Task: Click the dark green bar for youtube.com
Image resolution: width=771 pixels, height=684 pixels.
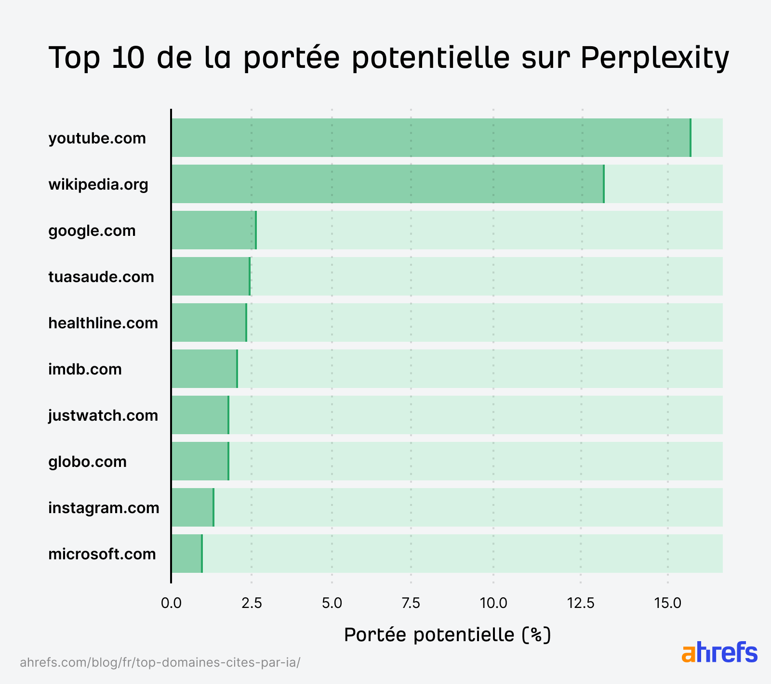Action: pos(431,138)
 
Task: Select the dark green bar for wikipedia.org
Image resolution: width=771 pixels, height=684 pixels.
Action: pos(387,184)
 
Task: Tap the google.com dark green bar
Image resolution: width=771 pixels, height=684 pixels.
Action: pos(213,230)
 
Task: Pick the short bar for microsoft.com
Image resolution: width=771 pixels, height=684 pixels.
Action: pos(186,554)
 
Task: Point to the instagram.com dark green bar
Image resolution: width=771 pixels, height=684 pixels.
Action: pos(192,507)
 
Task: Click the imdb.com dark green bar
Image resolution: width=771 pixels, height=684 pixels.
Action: pos(204,369)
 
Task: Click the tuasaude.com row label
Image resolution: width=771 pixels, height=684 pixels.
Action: pos(101,277)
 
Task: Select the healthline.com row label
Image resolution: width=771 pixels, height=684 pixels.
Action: pos(103,323)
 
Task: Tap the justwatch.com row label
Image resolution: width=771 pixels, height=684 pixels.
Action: pos(103,415)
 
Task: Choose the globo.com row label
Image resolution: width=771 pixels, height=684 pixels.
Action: pos(87,462)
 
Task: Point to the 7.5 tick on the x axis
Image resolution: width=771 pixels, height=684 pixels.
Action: pos(411,603)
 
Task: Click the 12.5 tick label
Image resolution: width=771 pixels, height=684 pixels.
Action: pos(581,603)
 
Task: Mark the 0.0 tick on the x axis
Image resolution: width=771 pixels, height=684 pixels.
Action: pos(171,603)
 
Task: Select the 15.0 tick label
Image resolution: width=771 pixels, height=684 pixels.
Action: pos(667,603)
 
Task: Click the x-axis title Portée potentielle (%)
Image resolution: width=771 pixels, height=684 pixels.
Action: pos(447,635)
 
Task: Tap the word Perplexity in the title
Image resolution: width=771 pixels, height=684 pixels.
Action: pos(654,58)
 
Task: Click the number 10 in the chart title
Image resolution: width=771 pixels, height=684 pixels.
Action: pos(128,58)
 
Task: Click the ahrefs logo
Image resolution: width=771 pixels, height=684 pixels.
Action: pos(719,652)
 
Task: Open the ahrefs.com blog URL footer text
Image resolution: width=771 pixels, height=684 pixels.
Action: pos(160,662)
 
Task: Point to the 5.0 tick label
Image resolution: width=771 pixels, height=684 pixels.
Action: pos(332,603)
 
